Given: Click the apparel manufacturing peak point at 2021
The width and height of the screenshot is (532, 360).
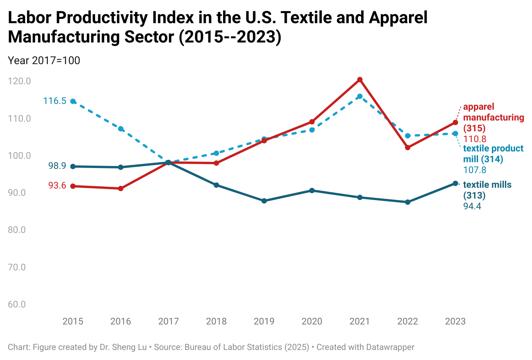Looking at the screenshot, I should [360, 80].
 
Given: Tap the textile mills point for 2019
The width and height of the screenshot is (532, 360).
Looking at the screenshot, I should [264, 201].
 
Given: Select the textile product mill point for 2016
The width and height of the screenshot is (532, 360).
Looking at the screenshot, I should [121, 129].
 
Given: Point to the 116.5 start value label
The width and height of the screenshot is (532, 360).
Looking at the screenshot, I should [55, 101].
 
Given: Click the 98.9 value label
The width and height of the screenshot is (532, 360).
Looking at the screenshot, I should [57, 166].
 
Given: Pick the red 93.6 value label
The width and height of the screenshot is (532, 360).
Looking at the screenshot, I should [57, 186].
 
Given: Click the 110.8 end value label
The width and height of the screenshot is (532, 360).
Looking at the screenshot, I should [475, 139].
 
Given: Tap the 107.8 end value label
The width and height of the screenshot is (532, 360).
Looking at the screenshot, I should [475, 170].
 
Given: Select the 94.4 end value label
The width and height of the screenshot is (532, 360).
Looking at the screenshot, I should [472, 206].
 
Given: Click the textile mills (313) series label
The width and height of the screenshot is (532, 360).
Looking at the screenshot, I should [487, 190].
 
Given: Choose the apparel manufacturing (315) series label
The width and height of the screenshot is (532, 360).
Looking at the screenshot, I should [493, 117].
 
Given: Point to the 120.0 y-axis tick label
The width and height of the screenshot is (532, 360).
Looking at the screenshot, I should [19, 81].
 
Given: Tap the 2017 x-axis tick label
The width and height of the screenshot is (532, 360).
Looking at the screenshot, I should [169, 321].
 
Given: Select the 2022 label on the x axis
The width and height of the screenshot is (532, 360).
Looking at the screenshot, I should [408, 321].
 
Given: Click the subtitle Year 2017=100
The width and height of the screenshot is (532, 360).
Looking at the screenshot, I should [44, 61].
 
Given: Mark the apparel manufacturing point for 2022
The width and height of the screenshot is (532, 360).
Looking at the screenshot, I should [408, 148].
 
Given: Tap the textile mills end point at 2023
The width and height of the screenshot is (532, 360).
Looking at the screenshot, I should [455, 183].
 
